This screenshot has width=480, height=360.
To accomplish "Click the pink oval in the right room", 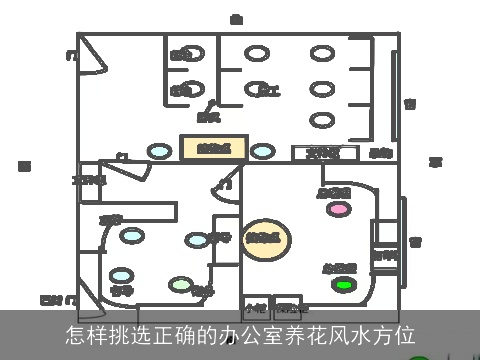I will [x=340, y=209].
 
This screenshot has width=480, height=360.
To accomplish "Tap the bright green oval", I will [x=344, y=285].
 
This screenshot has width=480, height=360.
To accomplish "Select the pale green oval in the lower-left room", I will [x=181, y=284].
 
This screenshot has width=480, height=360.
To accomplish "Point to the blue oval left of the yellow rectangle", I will [x=159, y=151].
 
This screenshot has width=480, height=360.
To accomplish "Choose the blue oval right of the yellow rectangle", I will [x=263, y=151].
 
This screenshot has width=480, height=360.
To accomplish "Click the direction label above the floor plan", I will [x=236, y=19].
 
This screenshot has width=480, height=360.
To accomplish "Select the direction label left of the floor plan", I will [x=25, y=165].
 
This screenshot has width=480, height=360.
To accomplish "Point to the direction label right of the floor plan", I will [x=436, y=162].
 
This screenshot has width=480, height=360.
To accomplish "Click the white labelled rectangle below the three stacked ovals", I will [x=324, y=153].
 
